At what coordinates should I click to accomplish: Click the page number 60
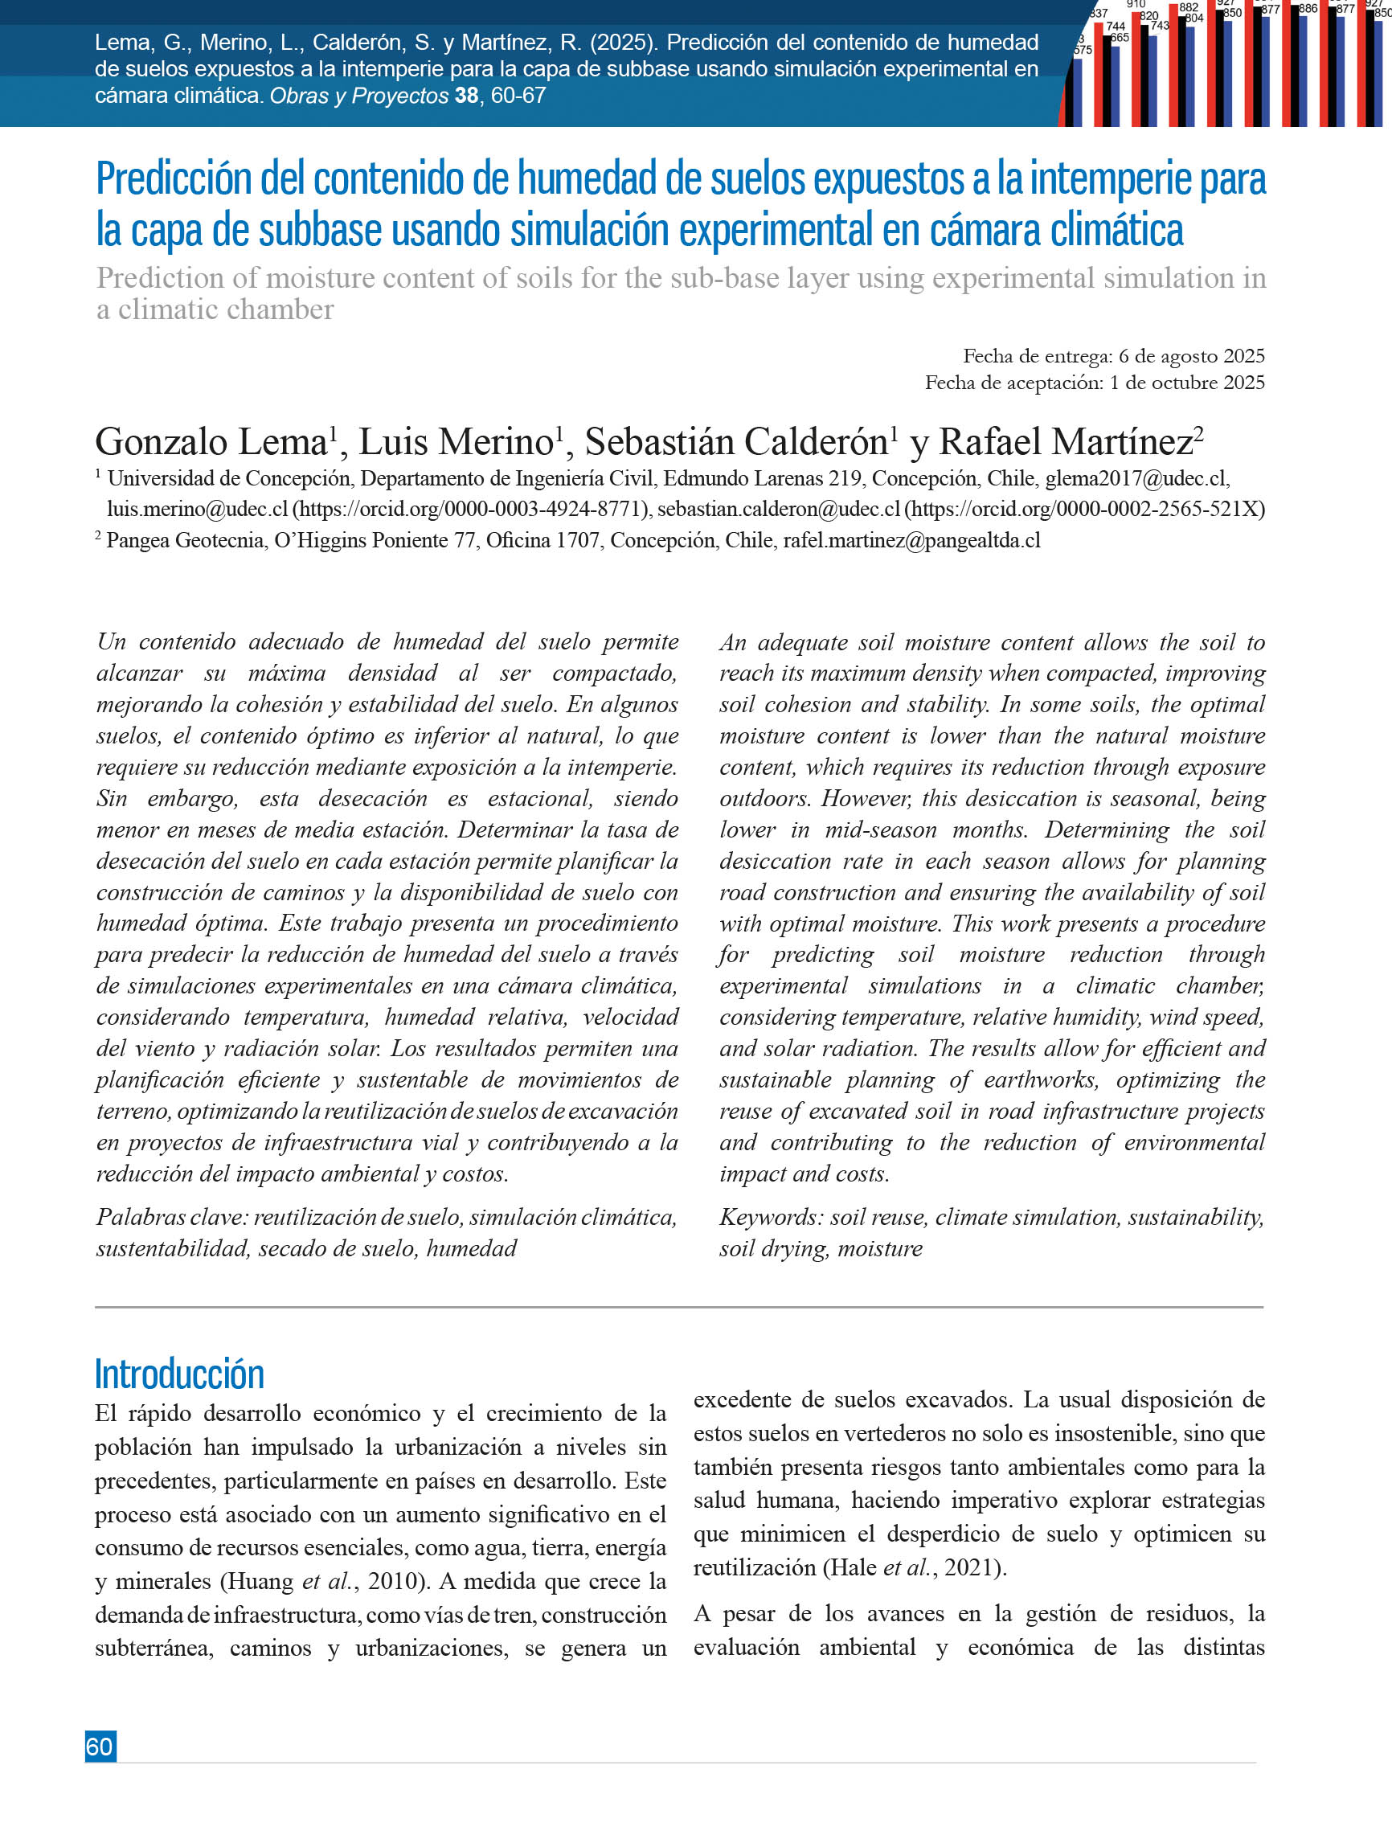(x=100, y=1747)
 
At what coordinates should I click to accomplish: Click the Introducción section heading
(x=179, y=1374)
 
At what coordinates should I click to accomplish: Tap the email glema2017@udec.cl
(x=1136, y=479)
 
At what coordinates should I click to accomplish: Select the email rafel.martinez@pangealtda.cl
(x=911, y=541)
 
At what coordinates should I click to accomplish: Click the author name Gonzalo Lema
(x=211, y=442)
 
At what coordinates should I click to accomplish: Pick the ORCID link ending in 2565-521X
(x=1084, y=510)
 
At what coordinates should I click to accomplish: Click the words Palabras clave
(x=172, y=1217)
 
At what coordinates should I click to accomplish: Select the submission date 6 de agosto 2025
(x=1191, y=356)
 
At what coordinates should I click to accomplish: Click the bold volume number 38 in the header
(x=466, y=96)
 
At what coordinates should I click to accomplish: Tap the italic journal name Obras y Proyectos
(x=358, y=96)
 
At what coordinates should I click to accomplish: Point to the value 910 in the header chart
(x=1136, y=4)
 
